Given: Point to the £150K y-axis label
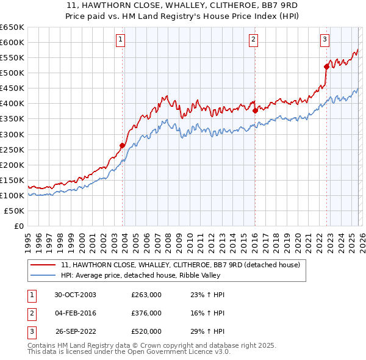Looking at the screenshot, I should click(12, 180).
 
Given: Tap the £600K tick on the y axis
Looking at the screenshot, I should click(12, 43).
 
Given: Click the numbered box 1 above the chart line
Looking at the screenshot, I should click(121, 40).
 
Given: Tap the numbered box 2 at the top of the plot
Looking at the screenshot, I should click(253, 40).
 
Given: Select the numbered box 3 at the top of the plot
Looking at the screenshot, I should click(325, 40).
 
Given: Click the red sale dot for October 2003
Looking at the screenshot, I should click(123, 145).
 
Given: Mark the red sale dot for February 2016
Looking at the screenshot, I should click(255, 110).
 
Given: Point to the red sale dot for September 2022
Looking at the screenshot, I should click(326, 67).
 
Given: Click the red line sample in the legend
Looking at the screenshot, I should click(43, 265).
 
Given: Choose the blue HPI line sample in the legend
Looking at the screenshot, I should click(43, 275).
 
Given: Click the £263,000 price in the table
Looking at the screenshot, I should click(146, 295).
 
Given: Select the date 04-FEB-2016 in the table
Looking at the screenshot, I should click(76, 313).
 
